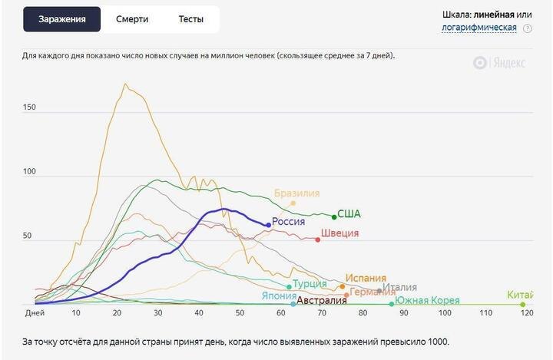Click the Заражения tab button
[62, 19]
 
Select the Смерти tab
[132, 19]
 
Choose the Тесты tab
[191, 19]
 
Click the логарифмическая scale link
[478, 28]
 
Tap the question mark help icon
[528, 28]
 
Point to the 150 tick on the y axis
[30, 107]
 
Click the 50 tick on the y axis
[27, 236]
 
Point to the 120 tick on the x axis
[527, 313]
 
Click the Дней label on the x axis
[35, 313]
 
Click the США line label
[349, 214]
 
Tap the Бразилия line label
[296, 193]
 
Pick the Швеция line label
[339, 233]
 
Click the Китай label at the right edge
[520, 295]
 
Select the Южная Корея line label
[427, 300]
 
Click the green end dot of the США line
[333, 216]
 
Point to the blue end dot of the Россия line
[268, 225]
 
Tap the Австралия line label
[322, 301]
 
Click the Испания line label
[366, 279]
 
